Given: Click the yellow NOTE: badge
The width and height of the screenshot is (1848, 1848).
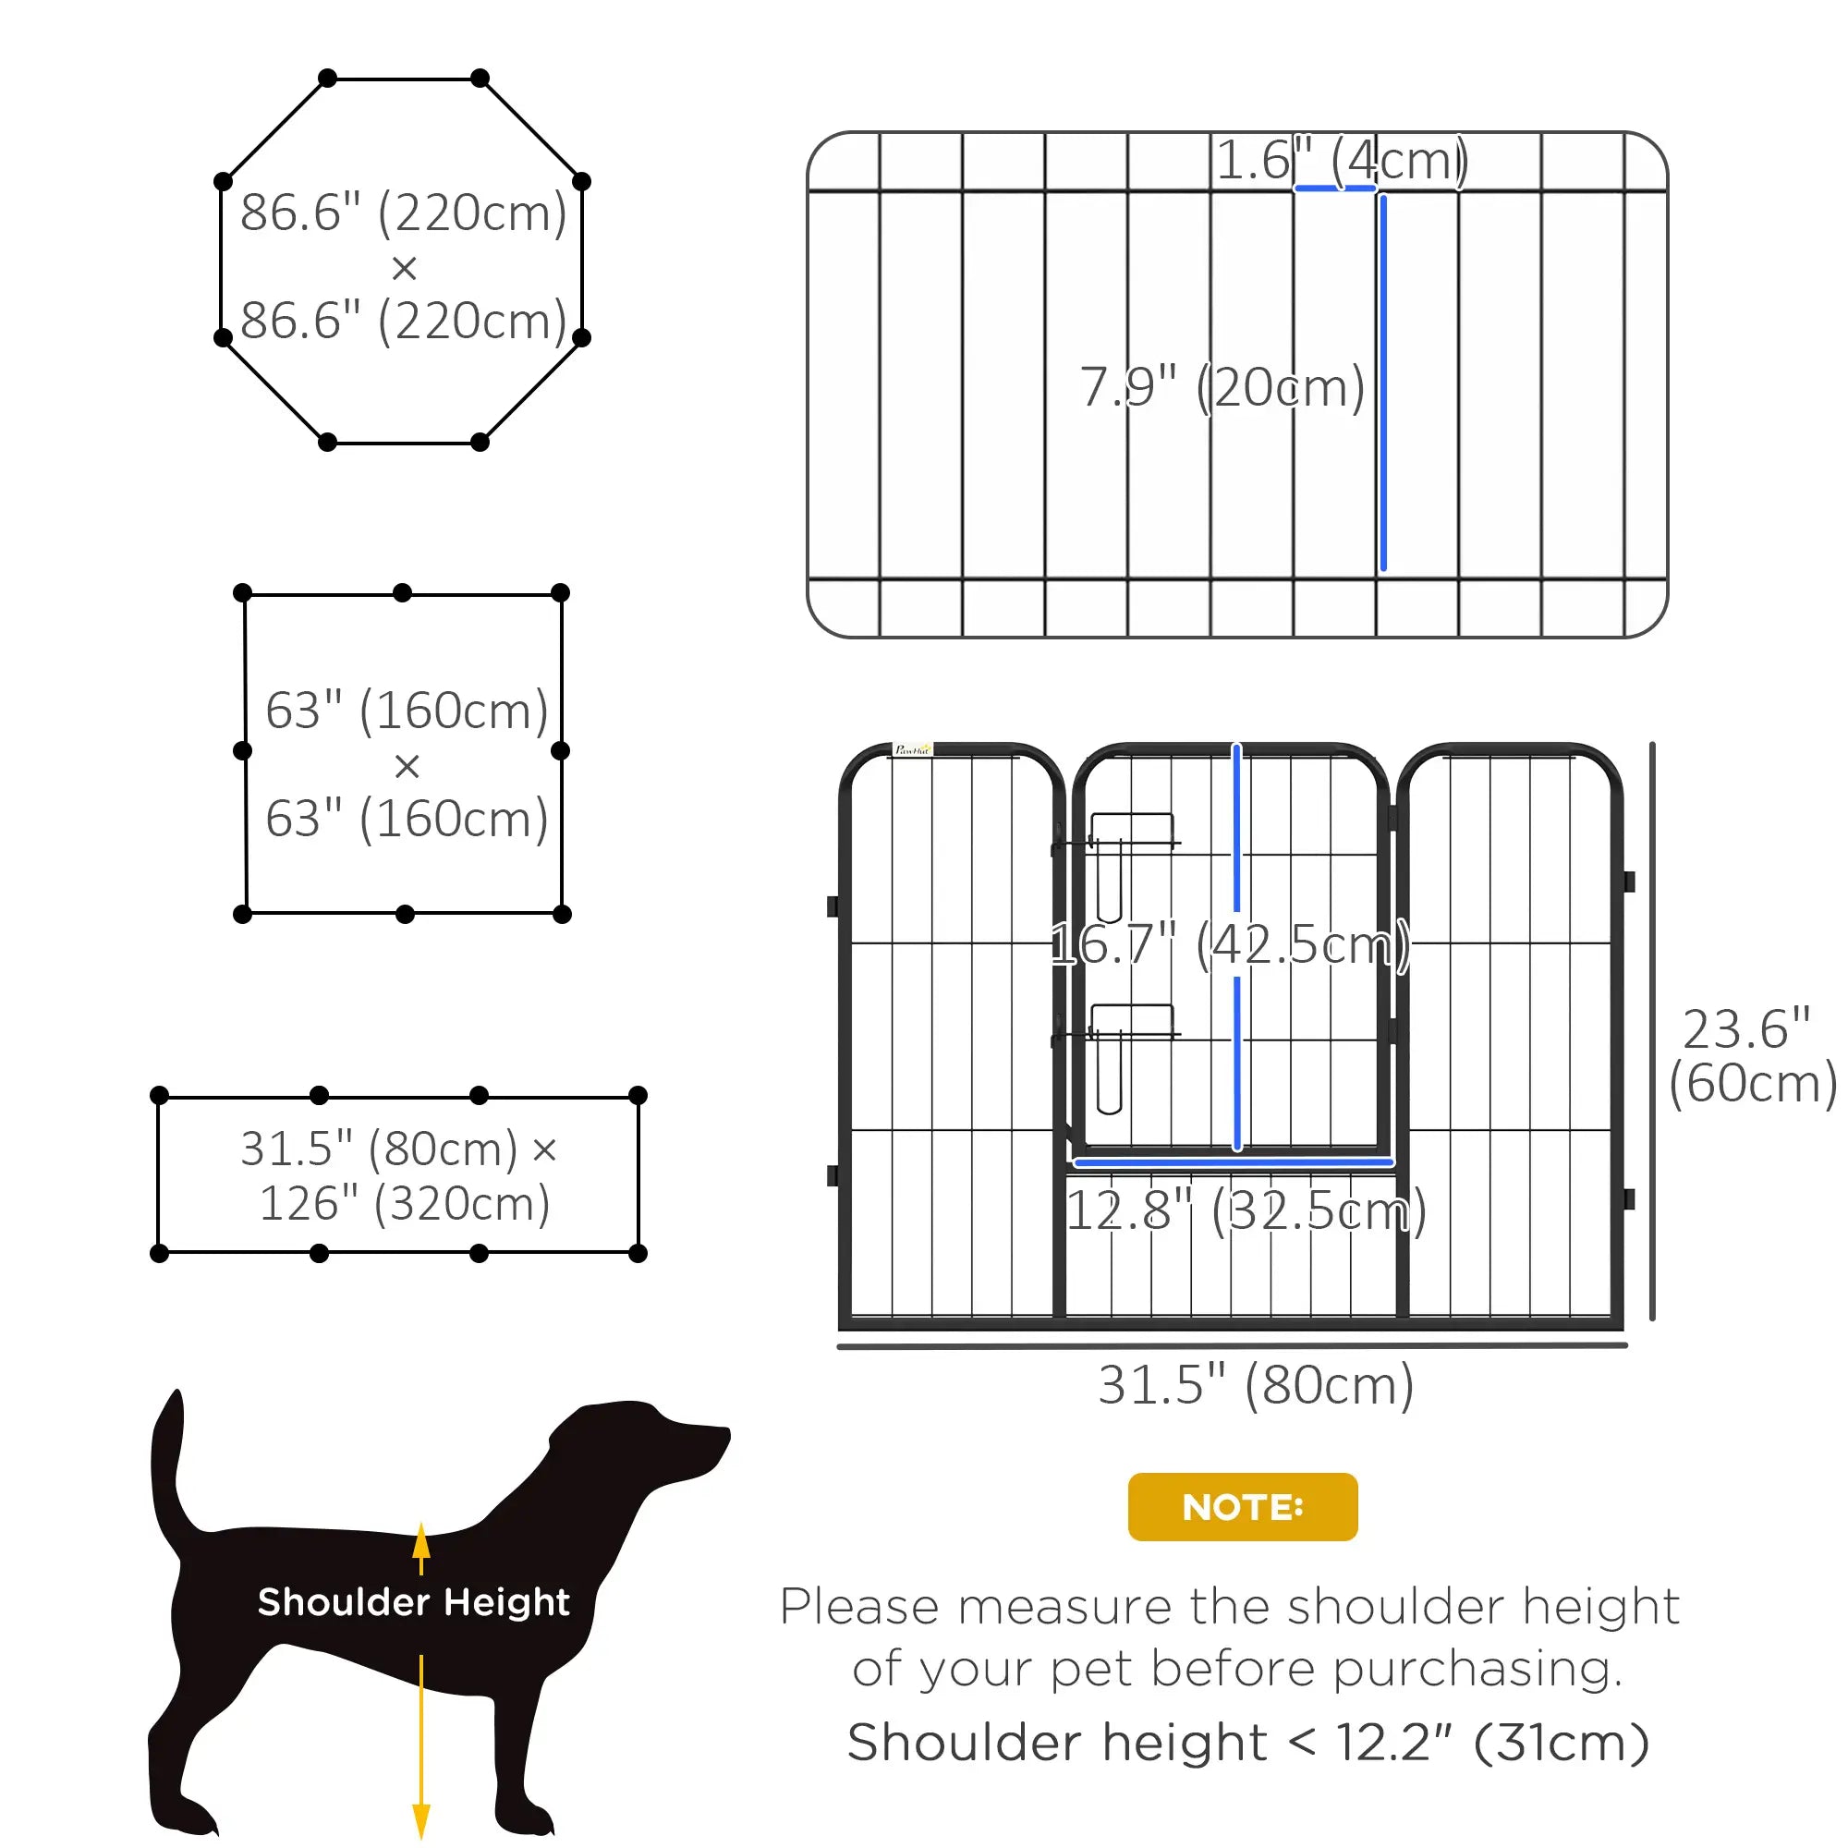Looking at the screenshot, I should pos(1242,1506).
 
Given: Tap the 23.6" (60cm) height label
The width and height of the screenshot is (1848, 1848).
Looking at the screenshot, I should pos(1749,1056).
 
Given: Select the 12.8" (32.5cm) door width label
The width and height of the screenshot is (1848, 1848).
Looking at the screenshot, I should pos(1246,1210).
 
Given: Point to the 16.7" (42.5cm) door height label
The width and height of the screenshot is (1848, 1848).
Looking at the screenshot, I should pos(1230,945).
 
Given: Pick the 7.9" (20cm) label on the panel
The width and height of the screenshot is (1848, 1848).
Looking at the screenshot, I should pos(1222,387).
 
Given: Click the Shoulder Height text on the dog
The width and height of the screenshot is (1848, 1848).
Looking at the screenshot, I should pos(413,1601).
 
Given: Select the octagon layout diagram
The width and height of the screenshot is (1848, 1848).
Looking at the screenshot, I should pos(403,261).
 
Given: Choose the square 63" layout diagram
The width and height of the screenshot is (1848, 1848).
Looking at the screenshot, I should pos(403,754).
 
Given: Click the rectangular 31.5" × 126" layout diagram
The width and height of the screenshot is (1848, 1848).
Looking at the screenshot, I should pos(399,1174).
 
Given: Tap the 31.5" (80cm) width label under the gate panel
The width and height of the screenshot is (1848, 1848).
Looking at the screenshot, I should pos(1255,1384).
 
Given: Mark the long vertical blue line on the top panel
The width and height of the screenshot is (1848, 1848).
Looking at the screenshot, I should pos(1383,383).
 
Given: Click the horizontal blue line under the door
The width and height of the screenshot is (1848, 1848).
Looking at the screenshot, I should pos(1233,1162).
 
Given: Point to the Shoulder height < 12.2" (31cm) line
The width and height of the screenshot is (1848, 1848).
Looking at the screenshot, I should pos(1247,1742).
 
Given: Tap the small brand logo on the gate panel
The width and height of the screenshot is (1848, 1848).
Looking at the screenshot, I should pos(912,751).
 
